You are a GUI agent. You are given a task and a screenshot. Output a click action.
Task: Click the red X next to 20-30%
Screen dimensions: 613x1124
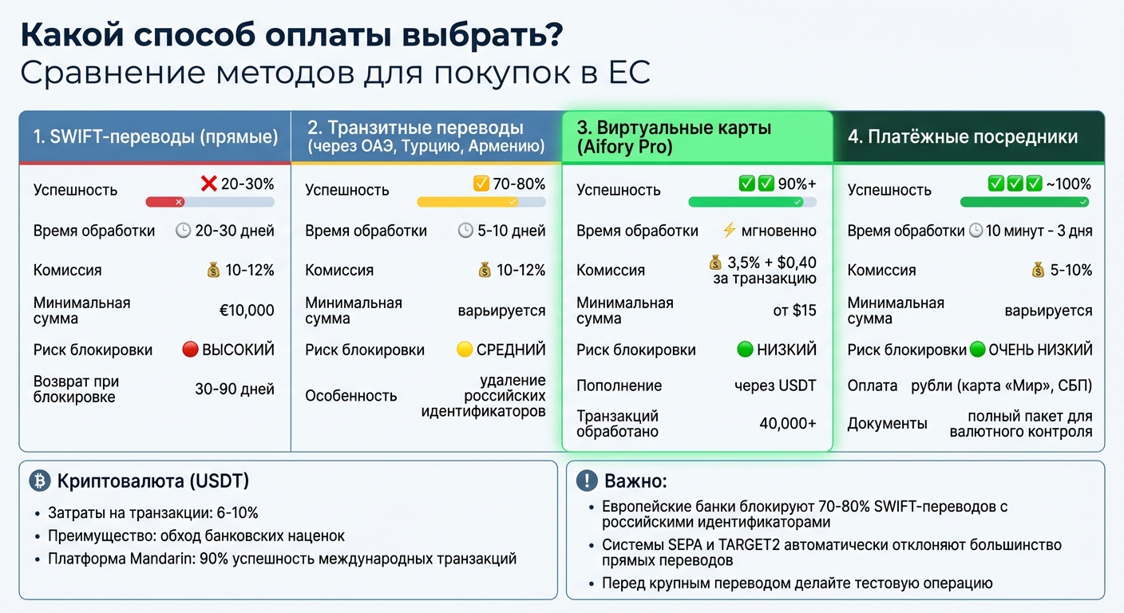coord(209,184)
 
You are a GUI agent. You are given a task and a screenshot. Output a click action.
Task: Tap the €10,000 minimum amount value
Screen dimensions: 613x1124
coord(247,310)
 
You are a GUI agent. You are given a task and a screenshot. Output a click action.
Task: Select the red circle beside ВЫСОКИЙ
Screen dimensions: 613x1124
coord(190,350)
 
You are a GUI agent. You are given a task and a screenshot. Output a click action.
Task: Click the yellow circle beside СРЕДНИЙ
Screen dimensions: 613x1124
coord(465,350)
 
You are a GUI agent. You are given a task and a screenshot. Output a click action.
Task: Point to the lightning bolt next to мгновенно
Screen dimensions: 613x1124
coord(728,231)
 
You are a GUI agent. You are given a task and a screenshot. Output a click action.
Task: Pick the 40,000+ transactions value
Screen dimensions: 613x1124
coord(787,423)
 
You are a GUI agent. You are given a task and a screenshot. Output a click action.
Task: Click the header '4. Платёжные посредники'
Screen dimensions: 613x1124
coord(963,136)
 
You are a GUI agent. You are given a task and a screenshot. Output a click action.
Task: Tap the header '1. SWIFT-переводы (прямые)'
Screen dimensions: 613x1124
coord(156,136)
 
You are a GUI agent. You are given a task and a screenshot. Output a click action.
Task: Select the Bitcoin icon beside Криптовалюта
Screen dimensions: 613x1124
coord(39,481)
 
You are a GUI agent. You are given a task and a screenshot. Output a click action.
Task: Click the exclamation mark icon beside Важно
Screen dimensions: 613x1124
coord(587,481)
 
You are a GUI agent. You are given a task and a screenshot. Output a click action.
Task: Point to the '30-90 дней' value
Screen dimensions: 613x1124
coord(235,390)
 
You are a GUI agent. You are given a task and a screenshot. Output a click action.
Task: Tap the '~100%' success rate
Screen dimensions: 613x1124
coord(1069,184)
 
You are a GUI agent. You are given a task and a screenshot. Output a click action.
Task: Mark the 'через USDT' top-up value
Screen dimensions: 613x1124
coord(775,386)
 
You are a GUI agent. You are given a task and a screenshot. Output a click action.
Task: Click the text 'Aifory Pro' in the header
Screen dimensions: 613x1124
coord(625,147)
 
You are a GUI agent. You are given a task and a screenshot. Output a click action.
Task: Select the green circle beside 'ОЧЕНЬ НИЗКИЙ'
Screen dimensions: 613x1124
coord(978,350)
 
